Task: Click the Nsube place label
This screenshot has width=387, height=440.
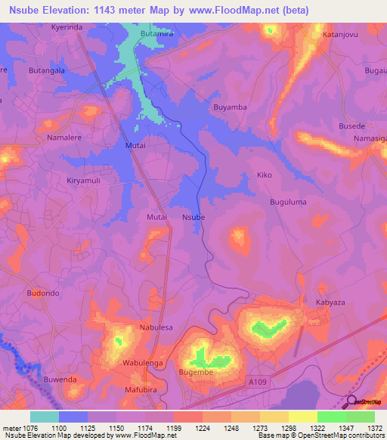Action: [x=193, y=217]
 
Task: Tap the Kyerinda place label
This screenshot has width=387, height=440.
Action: [x=67, y=26]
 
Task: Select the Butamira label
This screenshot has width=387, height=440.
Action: [x=156, y=34]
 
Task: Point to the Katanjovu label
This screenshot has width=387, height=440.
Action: [x=340, y=34]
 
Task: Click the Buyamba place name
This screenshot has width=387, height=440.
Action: [x=231, y=107]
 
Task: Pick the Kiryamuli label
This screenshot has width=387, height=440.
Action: [x=83, y=181]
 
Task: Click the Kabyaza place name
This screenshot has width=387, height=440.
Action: [x=330, y=302]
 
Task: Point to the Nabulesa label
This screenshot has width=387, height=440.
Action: [x=156, y=327]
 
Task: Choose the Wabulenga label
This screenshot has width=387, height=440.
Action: [x=144, y=363]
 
